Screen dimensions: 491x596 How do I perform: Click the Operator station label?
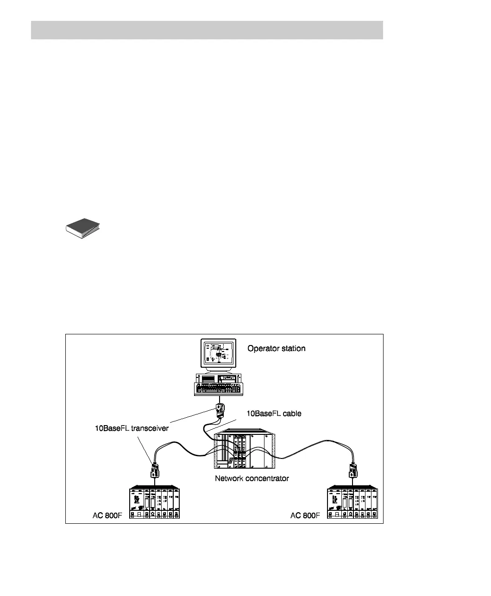(x=276, y=348)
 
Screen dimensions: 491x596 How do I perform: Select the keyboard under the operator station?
(x=219, y=389)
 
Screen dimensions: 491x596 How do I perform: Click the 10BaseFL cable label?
(x=273, y=414)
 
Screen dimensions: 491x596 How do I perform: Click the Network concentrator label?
(x=252, y=478)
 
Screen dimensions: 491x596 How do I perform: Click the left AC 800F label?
(x=106, y=515)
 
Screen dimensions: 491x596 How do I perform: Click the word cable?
(x=292, y=414)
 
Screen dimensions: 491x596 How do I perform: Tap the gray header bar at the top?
(x=207, y=30)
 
